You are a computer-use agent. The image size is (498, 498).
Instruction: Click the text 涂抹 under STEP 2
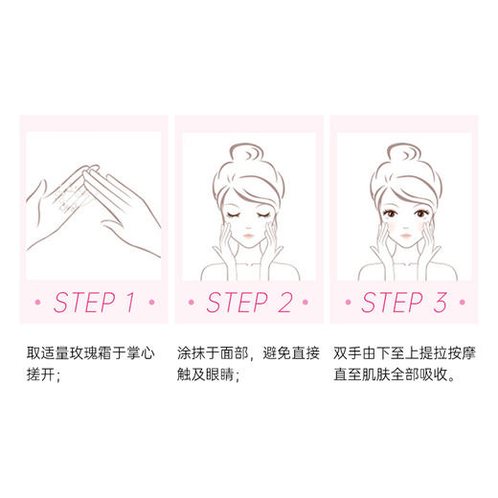point(191,353)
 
